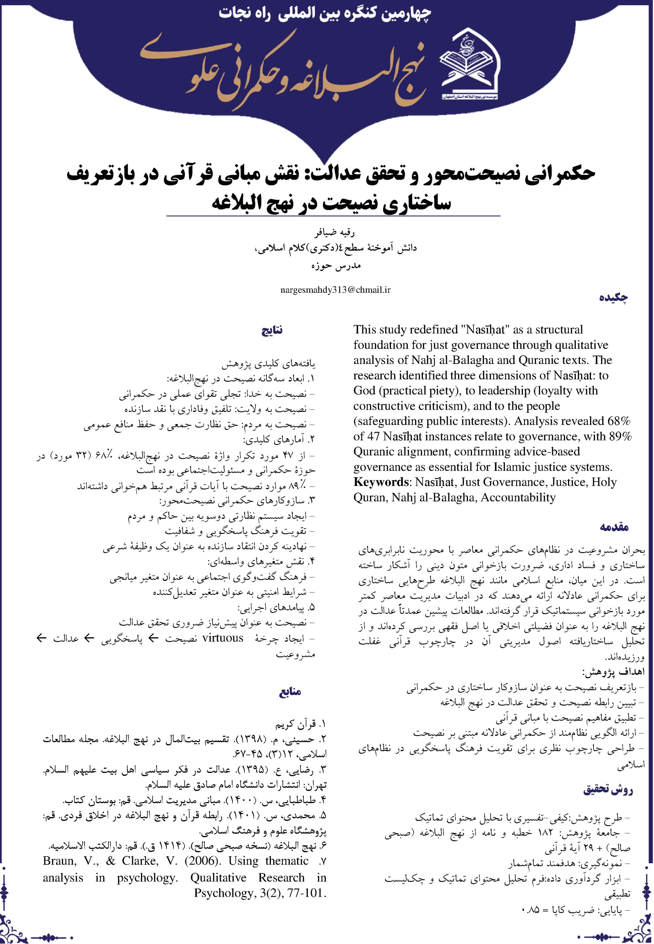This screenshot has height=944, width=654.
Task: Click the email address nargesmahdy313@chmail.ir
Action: click(x=335, y=290)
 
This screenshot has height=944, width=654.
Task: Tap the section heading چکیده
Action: click(x=613, y=297)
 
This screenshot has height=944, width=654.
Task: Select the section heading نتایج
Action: click(x=272, y=330)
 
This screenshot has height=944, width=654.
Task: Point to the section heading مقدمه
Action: click(x=614, y=527)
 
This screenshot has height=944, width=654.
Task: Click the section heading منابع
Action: click(x=290, y=692)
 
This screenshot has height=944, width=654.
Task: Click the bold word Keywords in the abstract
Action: click(x=382, y=482)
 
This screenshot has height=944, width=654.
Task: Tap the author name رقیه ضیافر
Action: click(x=335, y=233)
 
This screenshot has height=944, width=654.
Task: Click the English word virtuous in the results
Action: click(x=223, y=638)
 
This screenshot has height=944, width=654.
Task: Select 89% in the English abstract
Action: click(x=620, y=436)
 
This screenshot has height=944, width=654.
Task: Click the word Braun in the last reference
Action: click(x=59, y=861)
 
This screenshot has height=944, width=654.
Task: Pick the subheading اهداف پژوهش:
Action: click(x=613, y=672)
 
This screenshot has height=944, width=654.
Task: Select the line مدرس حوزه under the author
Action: click(x=336, y=265)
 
